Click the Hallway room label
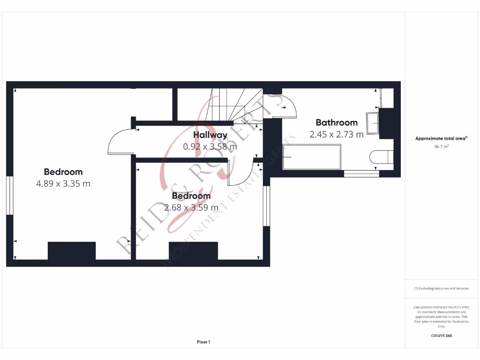click(x=210, y=135)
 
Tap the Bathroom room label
click(x=336, y=123)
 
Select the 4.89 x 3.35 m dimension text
click(x=63, y=184)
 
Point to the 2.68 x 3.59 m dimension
click(x=191, y=207)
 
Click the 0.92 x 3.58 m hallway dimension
click(x=210, y=147)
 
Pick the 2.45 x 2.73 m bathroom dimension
click(x=336, y=135)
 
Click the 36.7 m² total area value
click(x=441, y=147)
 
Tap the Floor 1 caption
click(x=203, y=342)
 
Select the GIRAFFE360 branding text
click(x=441, y=336)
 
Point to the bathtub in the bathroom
click(x=312, y=157)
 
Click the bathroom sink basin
click(x=373, y=123)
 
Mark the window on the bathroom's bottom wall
click(x=361, y=174)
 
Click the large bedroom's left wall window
click(x=9, y=195)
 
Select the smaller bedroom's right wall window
click(x=266, y=206)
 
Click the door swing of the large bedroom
click(x=120, y=142)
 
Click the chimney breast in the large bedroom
click(x=72, y=251)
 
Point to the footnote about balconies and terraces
click(x=441, y=289)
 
